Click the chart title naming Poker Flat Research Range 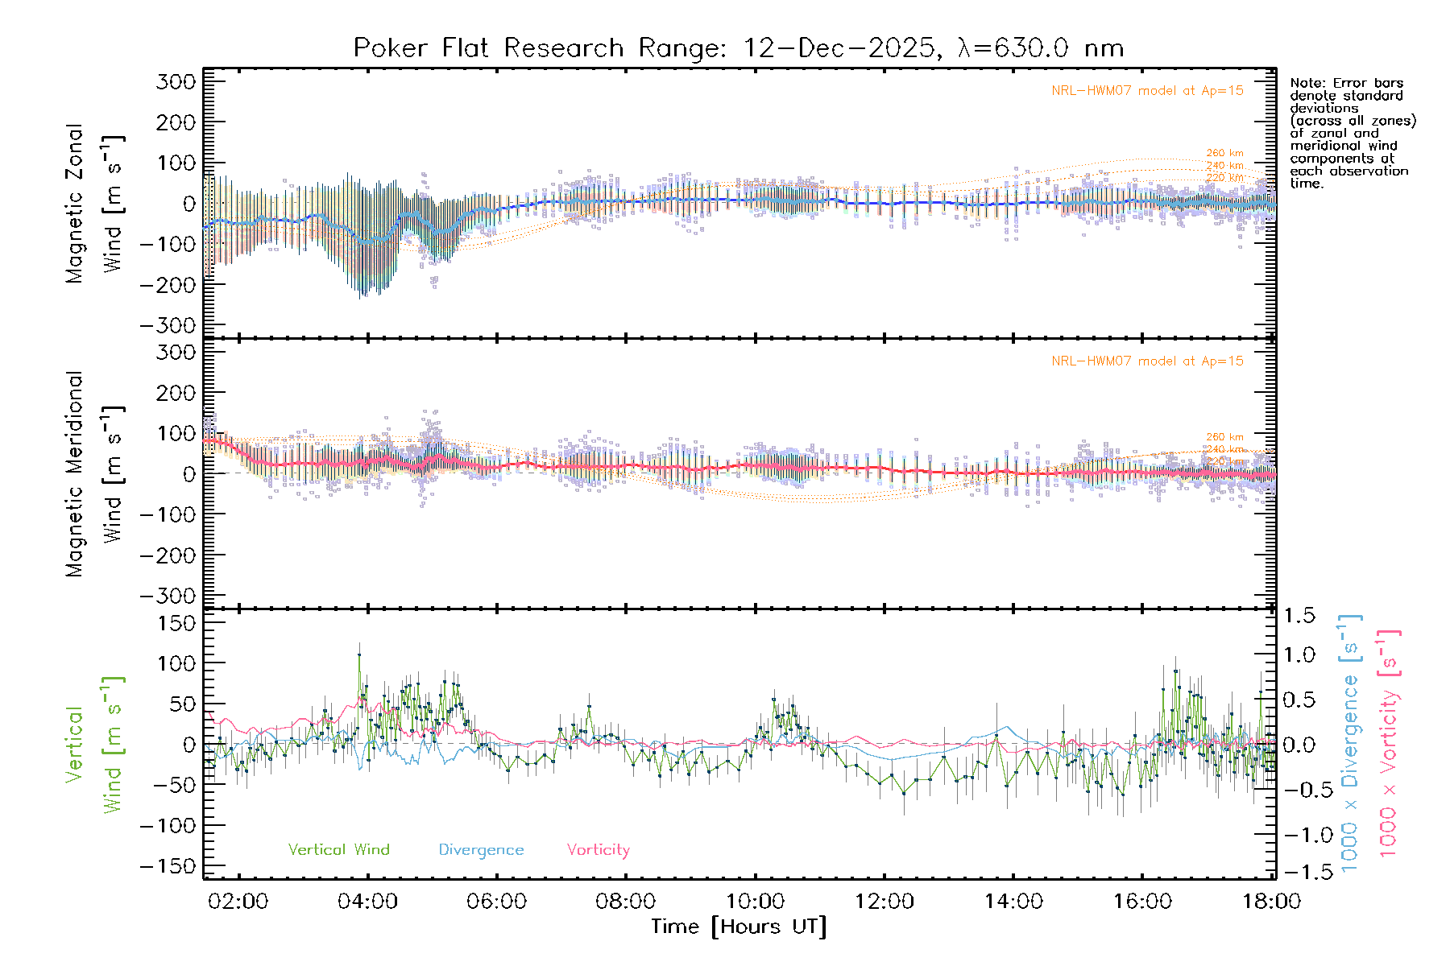738,48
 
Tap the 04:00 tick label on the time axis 367,902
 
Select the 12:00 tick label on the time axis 884,902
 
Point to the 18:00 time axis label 1271,902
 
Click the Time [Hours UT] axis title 739,927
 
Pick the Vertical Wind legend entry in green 338,850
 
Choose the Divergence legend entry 481,850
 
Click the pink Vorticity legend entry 598,850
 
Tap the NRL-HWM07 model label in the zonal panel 1147,91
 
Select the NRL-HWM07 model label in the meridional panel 1147,361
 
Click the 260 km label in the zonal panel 1224,153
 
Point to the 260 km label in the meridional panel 1224,437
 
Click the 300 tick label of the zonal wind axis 176,82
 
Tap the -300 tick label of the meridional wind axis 168,597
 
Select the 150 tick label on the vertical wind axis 176,623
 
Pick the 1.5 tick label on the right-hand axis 1299,616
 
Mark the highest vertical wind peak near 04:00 359,654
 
